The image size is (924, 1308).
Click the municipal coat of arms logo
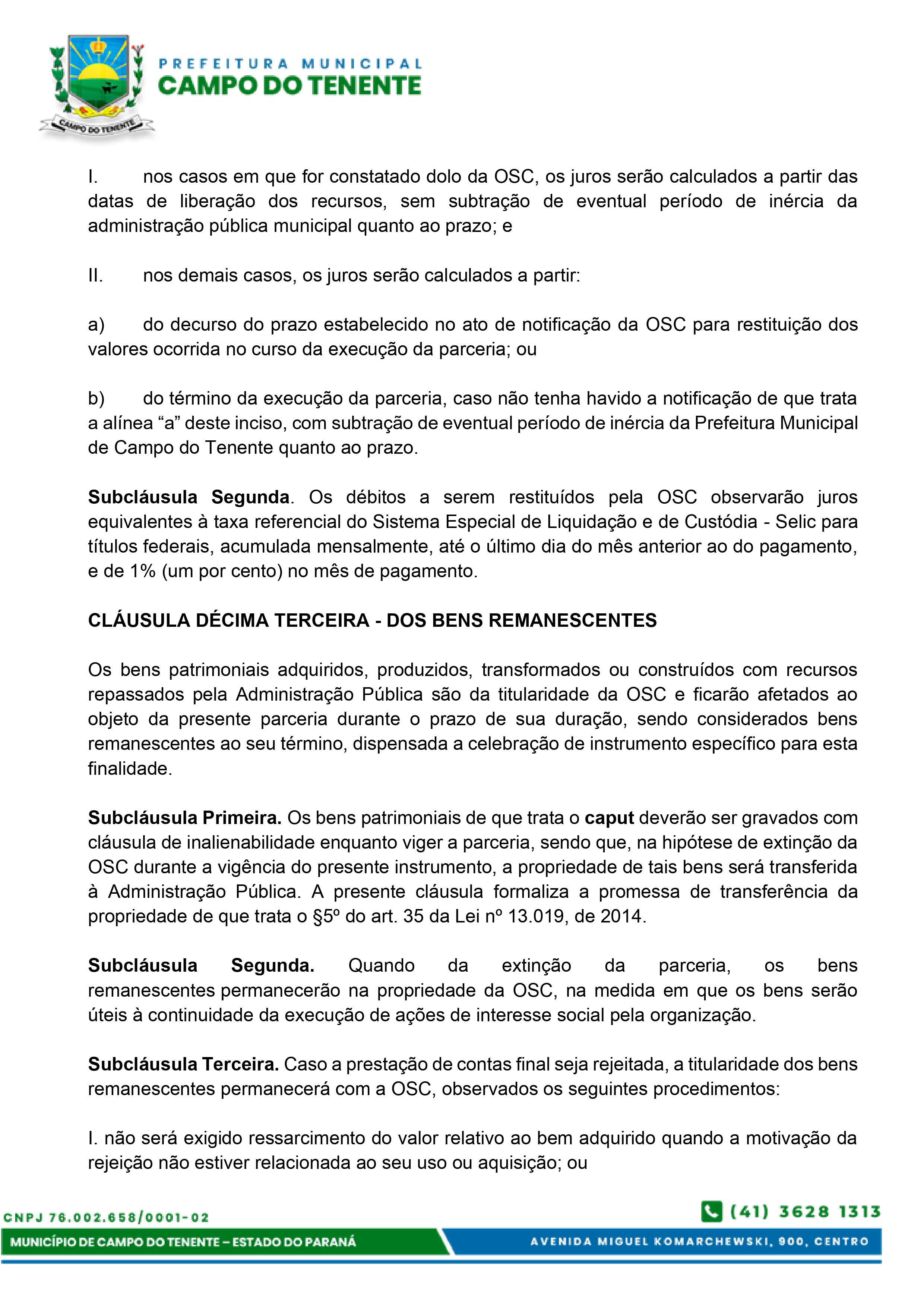96,85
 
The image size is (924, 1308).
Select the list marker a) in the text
96,325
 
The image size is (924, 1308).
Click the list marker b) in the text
96,399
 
